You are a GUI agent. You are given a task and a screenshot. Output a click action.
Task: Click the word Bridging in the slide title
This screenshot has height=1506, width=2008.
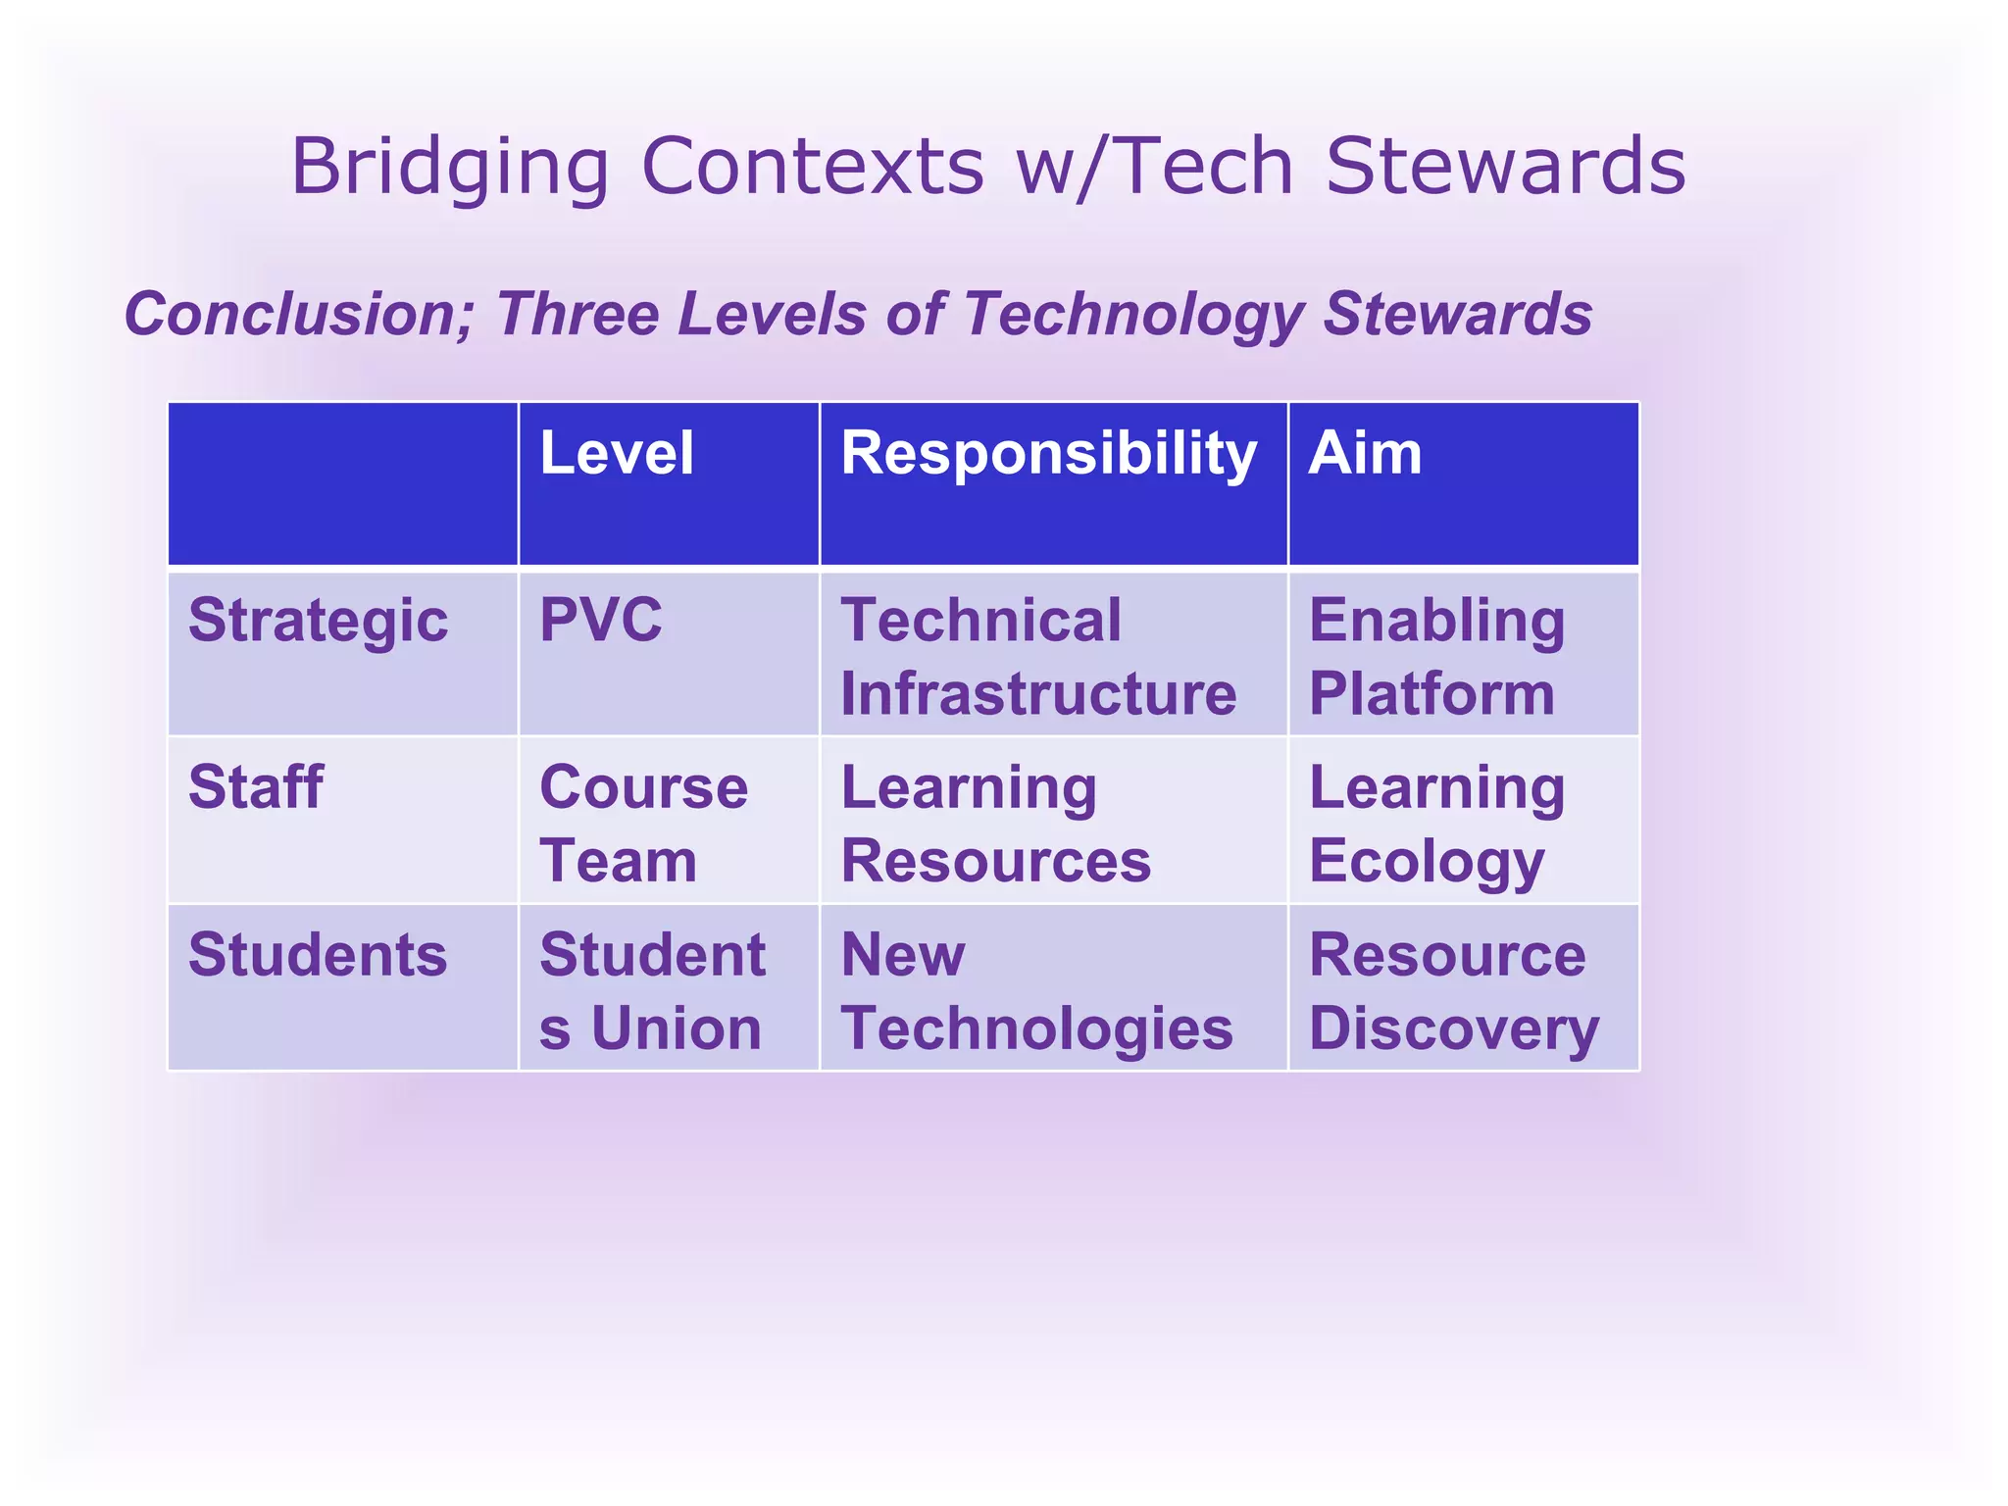[x=449, y=168]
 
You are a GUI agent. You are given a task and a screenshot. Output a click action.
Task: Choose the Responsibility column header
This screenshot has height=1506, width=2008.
[x=1048, y=454]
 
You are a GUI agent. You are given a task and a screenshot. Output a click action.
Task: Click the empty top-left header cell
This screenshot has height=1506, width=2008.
[x=342, y=484]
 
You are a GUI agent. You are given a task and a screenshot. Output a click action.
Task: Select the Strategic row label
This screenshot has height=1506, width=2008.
[x=318, y=621]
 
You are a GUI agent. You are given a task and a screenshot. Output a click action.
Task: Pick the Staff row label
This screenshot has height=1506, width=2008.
[x=256, y=787]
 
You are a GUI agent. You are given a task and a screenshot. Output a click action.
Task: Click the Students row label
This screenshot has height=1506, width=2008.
[x=318, y=955]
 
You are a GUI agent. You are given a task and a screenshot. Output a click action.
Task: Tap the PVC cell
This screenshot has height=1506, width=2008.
[x=600, y=620]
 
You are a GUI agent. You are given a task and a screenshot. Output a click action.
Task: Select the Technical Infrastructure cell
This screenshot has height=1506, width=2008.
[x=1038, y=657]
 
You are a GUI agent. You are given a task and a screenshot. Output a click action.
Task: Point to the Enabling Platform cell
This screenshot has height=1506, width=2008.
[x=1436, y=657]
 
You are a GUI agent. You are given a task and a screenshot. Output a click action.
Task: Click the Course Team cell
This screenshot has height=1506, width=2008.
[x=643, y=824]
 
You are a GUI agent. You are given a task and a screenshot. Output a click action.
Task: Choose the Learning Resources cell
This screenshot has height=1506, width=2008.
[x=995, y=824]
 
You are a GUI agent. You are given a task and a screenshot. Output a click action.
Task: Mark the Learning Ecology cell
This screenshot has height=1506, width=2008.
[x=1436, y=824]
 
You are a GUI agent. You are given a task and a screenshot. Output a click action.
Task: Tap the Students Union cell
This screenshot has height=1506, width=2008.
[x=652, y=991]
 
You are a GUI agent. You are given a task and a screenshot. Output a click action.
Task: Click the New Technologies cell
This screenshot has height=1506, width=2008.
[x=1036, y=991]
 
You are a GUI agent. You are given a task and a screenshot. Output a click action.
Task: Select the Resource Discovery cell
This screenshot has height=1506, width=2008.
[x=1452, y=991]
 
